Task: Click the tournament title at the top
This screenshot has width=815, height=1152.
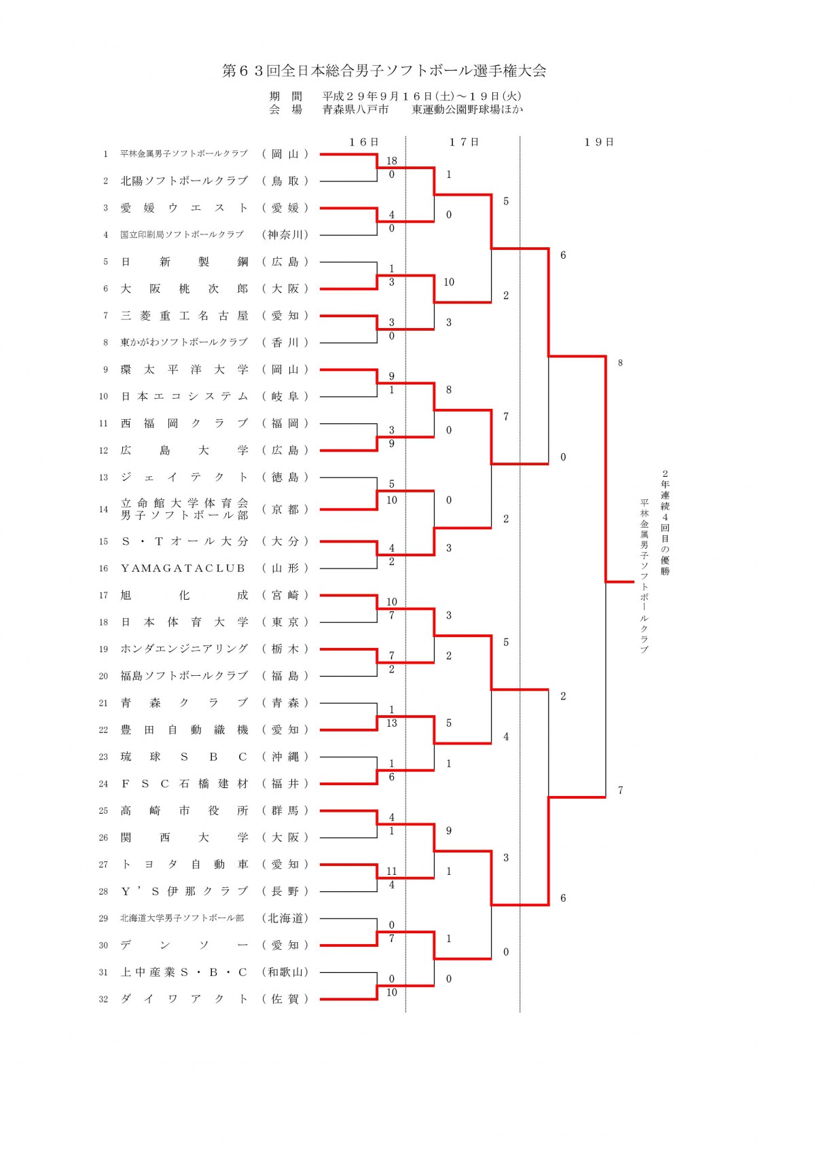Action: point(384,71)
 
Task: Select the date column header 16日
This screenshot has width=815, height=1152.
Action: point(363,142)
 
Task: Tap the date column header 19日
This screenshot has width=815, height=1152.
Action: point(598,142)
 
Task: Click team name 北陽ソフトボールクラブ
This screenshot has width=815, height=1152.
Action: point(184,181)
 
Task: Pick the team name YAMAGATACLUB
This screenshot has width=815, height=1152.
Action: point(183,568)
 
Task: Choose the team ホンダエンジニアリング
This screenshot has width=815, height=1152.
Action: point(184,649)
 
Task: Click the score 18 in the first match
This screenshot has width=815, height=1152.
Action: point(391,161)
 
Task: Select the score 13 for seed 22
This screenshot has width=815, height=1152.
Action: point(391,723)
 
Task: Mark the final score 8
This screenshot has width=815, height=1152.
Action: point(620,363)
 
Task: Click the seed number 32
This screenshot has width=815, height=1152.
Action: point(103,999)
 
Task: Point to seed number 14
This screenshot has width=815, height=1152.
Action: point(103,509)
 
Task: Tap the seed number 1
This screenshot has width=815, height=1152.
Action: point(105,154)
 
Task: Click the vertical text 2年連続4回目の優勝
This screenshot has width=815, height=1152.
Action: point(665,522)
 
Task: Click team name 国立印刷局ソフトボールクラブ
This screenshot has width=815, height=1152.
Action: point(181,234)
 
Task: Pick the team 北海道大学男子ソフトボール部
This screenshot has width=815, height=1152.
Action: point(181,918)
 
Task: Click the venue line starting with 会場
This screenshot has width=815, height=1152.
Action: point(396,109)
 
